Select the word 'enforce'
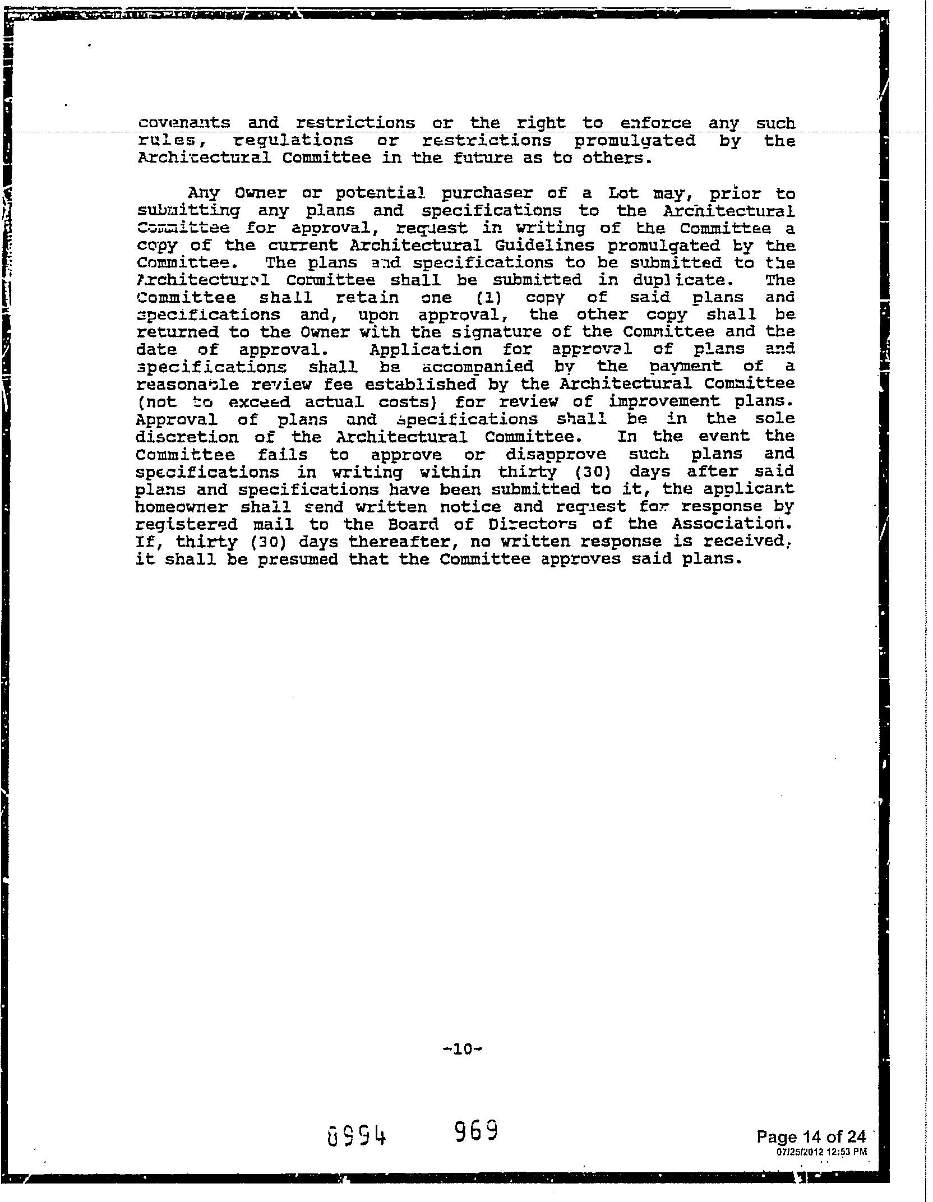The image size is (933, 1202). pos(656,123)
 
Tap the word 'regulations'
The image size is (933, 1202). pos(293,141)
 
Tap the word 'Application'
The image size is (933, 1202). pos(426,350)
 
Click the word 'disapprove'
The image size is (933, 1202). pos(556,454)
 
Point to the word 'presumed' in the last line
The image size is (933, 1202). pos(298,559)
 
